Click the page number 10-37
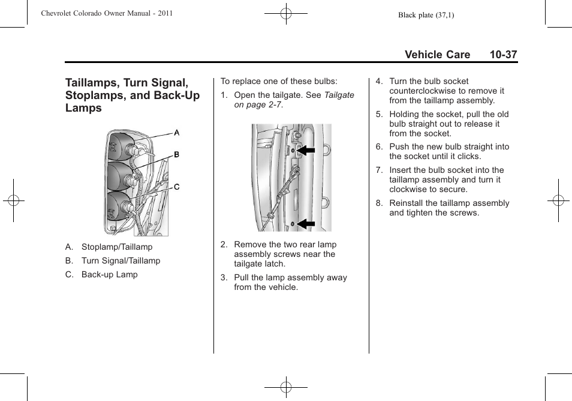coord(502,55)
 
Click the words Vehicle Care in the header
coord(437,55)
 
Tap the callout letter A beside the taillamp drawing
coord(177,133)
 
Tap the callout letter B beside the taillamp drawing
coord(177,155)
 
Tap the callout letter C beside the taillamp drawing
coord(177,187)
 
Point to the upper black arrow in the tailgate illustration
coord(306,150)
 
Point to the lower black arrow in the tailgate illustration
coord(306,225)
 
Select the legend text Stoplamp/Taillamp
coord(117,247)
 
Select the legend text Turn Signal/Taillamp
coord(121,261)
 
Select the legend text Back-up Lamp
coord(109,274)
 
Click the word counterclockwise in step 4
coord(423,91)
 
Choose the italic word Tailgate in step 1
coord(339,95)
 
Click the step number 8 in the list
coord(378,203)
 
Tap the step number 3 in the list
coord(223,277)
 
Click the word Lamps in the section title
coord(84,109)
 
